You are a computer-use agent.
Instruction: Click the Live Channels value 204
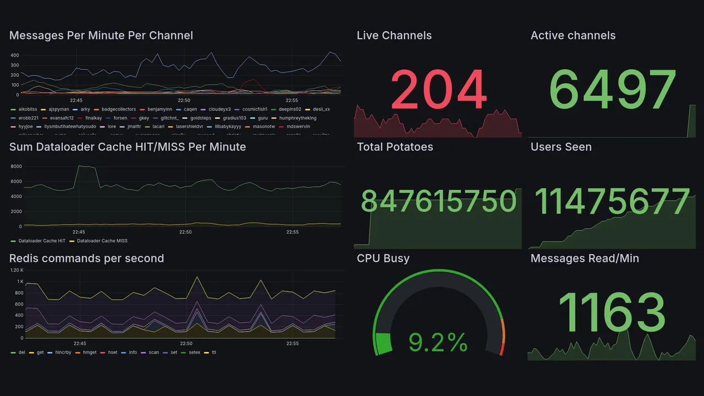438,90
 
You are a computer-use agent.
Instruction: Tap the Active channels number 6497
612,90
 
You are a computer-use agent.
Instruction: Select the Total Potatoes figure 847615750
438,201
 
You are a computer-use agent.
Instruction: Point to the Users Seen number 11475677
612,201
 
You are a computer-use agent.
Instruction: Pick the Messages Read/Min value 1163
612,312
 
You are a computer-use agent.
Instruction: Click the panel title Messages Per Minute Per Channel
101,36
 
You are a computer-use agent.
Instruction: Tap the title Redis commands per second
86,258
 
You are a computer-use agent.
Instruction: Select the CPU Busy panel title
383,258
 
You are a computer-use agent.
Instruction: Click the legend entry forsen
120,118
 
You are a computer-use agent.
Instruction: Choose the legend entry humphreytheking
298,118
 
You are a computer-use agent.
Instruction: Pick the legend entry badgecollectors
118,109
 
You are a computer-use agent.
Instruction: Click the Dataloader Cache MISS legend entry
102,241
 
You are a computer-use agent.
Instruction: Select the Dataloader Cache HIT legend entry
41,241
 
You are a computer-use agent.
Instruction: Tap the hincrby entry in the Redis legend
64,352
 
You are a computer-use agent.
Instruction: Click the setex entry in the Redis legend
194,352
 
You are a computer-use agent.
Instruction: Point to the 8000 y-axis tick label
16,167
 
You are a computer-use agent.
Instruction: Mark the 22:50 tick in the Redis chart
186,343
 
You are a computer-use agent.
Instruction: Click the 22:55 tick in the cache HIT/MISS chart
293,232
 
